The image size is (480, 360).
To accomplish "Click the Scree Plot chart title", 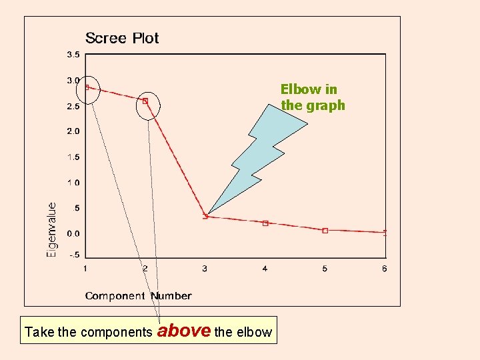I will coord(122,38).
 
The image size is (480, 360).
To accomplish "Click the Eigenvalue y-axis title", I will coord(52,230).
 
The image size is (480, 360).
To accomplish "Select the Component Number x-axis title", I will coord(138,296).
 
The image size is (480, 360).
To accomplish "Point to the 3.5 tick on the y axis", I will coord(73,54).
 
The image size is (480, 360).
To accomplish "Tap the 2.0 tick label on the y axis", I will coord(73,131).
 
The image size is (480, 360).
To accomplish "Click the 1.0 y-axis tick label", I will coord(73,183).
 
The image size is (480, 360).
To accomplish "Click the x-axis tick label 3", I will coord(205,269).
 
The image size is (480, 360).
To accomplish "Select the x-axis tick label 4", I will coord(265,269).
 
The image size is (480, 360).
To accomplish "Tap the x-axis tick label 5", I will coord(325,269).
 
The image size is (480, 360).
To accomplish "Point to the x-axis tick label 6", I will coord(385,269).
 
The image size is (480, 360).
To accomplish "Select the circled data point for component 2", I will coord(145,101).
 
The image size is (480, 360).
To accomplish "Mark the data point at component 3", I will coord(205,215).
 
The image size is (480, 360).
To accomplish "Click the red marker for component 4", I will coord(265,223).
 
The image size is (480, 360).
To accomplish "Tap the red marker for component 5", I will coord(325,231).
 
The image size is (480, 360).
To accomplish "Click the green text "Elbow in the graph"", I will coord(313,97).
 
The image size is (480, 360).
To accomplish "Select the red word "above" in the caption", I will coord(183,331).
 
